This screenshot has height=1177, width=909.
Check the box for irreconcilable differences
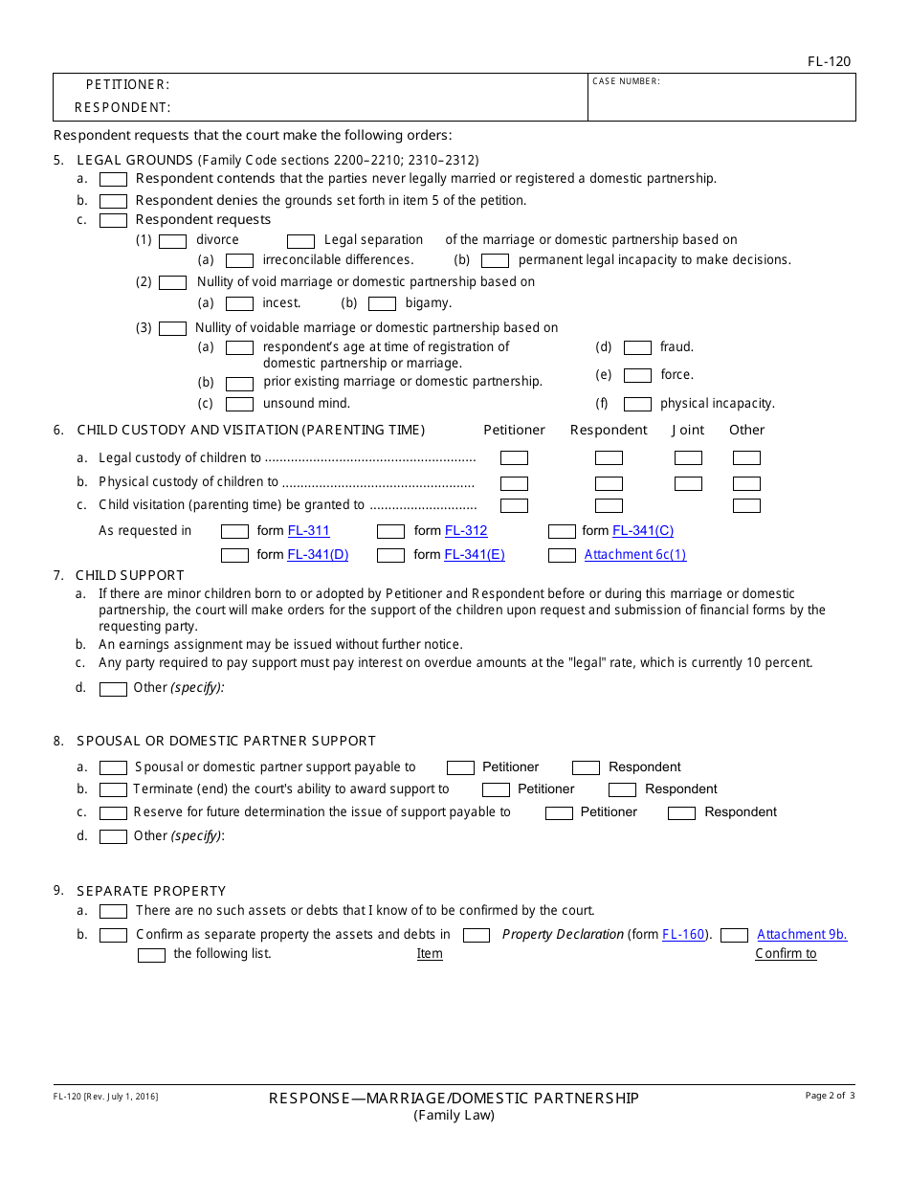pyautogui.click(x=239, y=260)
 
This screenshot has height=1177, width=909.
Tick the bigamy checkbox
pyautogui.click(x=382, y=304)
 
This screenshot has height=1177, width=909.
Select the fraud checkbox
pyautogui.click(x=637, y=348)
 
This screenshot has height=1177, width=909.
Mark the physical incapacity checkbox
pyautogui.click(x=637, y=404)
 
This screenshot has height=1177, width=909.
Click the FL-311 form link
pyautogui.click(x=308, y=531)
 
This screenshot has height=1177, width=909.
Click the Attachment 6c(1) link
pyautogui.click(x=634, y=555)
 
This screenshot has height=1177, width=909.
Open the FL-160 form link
pyautogui.click(x=683, y=935)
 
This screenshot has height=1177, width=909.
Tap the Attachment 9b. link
pyautogui.click(x=802, y=935)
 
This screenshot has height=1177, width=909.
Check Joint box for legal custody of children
pyautogui.click(x=688, y=458)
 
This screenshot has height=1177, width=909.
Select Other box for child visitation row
pyautogui.click(x=746, y=506)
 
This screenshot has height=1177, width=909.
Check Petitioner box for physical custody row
pyautogui.click(x=514, y=484)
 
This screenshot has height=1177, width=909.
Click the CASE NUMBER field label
pyautogui.click(x=626, y=82)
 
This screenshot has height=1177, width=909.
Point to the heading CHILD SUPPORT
pyautogui.click(x=130, y=575)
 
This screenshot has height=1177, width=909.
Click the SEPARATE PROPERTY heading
pyautogui.click(x=151, y=891)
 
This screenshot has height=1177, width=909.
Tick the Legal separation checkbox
pyautogui.click(x=300, y=241)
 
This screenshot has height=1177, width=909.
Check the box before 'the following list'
pyautogui.click(x=151, y=955)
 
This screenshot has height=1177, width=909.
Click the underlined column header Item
pyautogui.click(x=430, y=954)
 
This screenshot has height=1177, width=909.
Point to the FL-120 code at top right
pyautogui.click(x=829, y=62)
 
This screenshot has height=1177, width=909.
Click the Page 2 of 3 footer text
pyautogui.click(x=830, y=1096)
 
